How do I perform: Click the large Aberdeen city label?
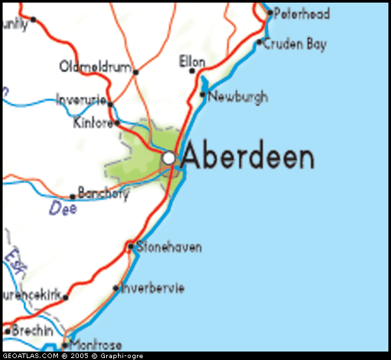click(248, 158)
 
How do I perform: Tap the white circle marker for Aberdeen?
click(169, 158)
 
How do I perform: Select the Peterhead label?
click(302, 14)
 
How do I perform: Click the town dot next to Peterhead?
click(270, 12)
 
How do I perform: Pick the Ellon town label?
click(192, 62)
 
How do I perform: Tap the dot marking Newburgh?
click(203, 95)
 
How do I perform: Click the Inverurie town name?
click(81, 101)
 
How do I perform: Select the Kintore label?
click(93, 123)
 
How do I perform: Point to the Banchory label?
click(103, 193)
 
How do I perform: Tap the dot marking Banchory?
click(72, 197)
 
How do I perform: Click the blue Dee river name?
click(63, 209)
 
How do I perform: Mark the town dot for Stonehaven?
click(131, 246)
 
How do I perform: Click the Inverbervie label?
click(152, 288)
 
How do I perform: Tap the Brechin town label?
click(32, 331)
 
